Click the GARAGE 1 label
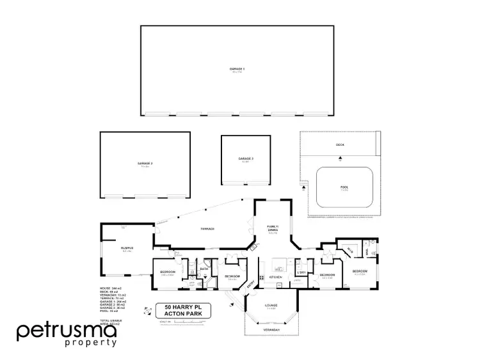click(x=237, y=68)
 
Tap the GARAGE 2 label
click(x=145, y=164)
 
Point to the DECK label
click(x=340, y=146)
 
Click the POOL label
click(x=344, y=187)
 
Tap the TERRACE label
click(x=206, y=228)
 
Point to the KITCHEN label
click(x=276, y=277)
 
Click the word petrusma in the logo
click(x=67, y=331)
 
